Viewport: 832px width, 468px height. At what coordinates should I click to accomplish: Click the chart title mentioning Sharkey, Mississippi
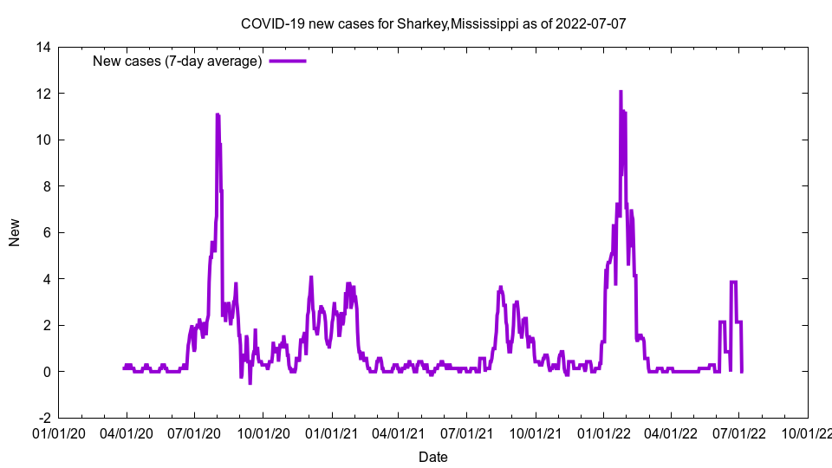[432, 23]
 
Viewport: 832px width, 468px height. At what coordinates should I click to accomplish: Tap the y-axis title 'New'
[14, 232]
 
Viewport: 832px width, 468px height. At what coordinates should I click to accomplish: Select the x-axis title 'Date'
[432, 457]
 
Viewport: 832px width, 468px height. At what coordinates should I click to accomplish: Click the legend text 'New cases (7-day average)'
[177, 61]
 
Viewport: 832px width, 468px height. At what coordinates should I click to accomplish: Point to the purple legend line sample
[288, 61]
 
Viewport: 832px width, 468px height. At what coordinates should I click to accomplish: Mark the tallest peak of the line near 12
[621, 92]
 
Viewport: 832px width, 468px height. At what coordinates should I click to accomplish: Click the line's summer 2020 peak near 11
[218, 114]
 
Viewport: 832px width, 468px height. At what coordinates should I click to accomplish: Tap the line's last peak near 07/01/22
[733, 282]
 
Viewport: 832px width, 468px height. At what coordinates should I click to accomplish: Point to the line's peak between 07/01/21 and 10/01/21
[501, 287]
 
